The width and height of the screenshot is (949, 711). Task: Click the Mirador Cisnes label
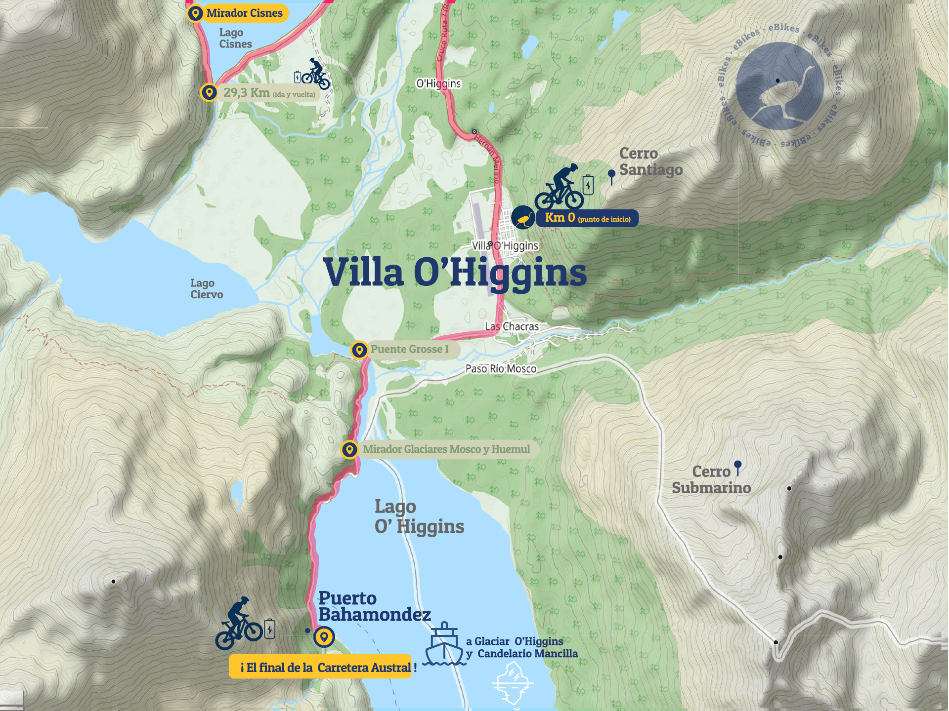pyautogui.click(x=244, y=13)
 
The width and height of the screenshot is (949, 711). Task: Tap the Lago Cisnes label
pyautogui.click(x=235, y=39)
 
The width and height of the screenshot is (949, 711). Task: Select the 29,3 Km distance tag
pyautogui.click(x=269, y=93)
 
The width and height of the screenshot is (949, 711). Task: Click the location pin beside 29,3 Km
pyautogui.click(x=209, y=92)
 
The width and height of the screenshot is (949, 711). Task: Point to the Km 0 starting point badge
pyautogui.click(x=587, y=218)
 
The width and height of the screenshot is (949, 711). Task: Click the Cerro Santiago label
pyautogui.click(x=650, y=162)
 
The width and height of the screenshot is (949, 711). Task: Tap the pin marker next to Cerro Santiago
pyautogui.click(x=611, y=175)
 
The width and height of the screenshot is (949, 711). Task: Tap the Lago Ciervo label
pyautogui.click(x=207, y=289)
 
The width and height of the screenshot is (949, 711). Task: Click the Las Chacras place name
pyautogui.click(x=512, y=326)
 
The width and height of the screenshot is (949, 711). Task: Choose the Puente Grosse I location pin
pyautogui.click(x=359, y=350)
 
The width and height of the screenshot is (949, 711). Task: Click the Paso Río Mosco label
pyautogui.click(x=501, y=369)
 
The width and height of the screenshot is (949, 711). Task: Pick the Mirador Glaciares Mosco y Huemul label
pyautogui.click(x=446, y=449)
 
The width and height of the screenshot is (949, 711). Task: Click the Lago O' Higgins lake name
pyautogui.click(x=419, y=516)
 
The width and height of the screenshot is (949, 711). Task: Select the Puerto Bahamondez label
pyautogui.click(x=374, y=606)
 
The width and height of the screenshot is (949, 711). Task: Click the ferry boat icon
pyautogui.click(x=444, y=644)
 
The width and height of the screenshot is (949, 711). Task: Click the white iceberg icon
pyautogui.click(x=513, y=684)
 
